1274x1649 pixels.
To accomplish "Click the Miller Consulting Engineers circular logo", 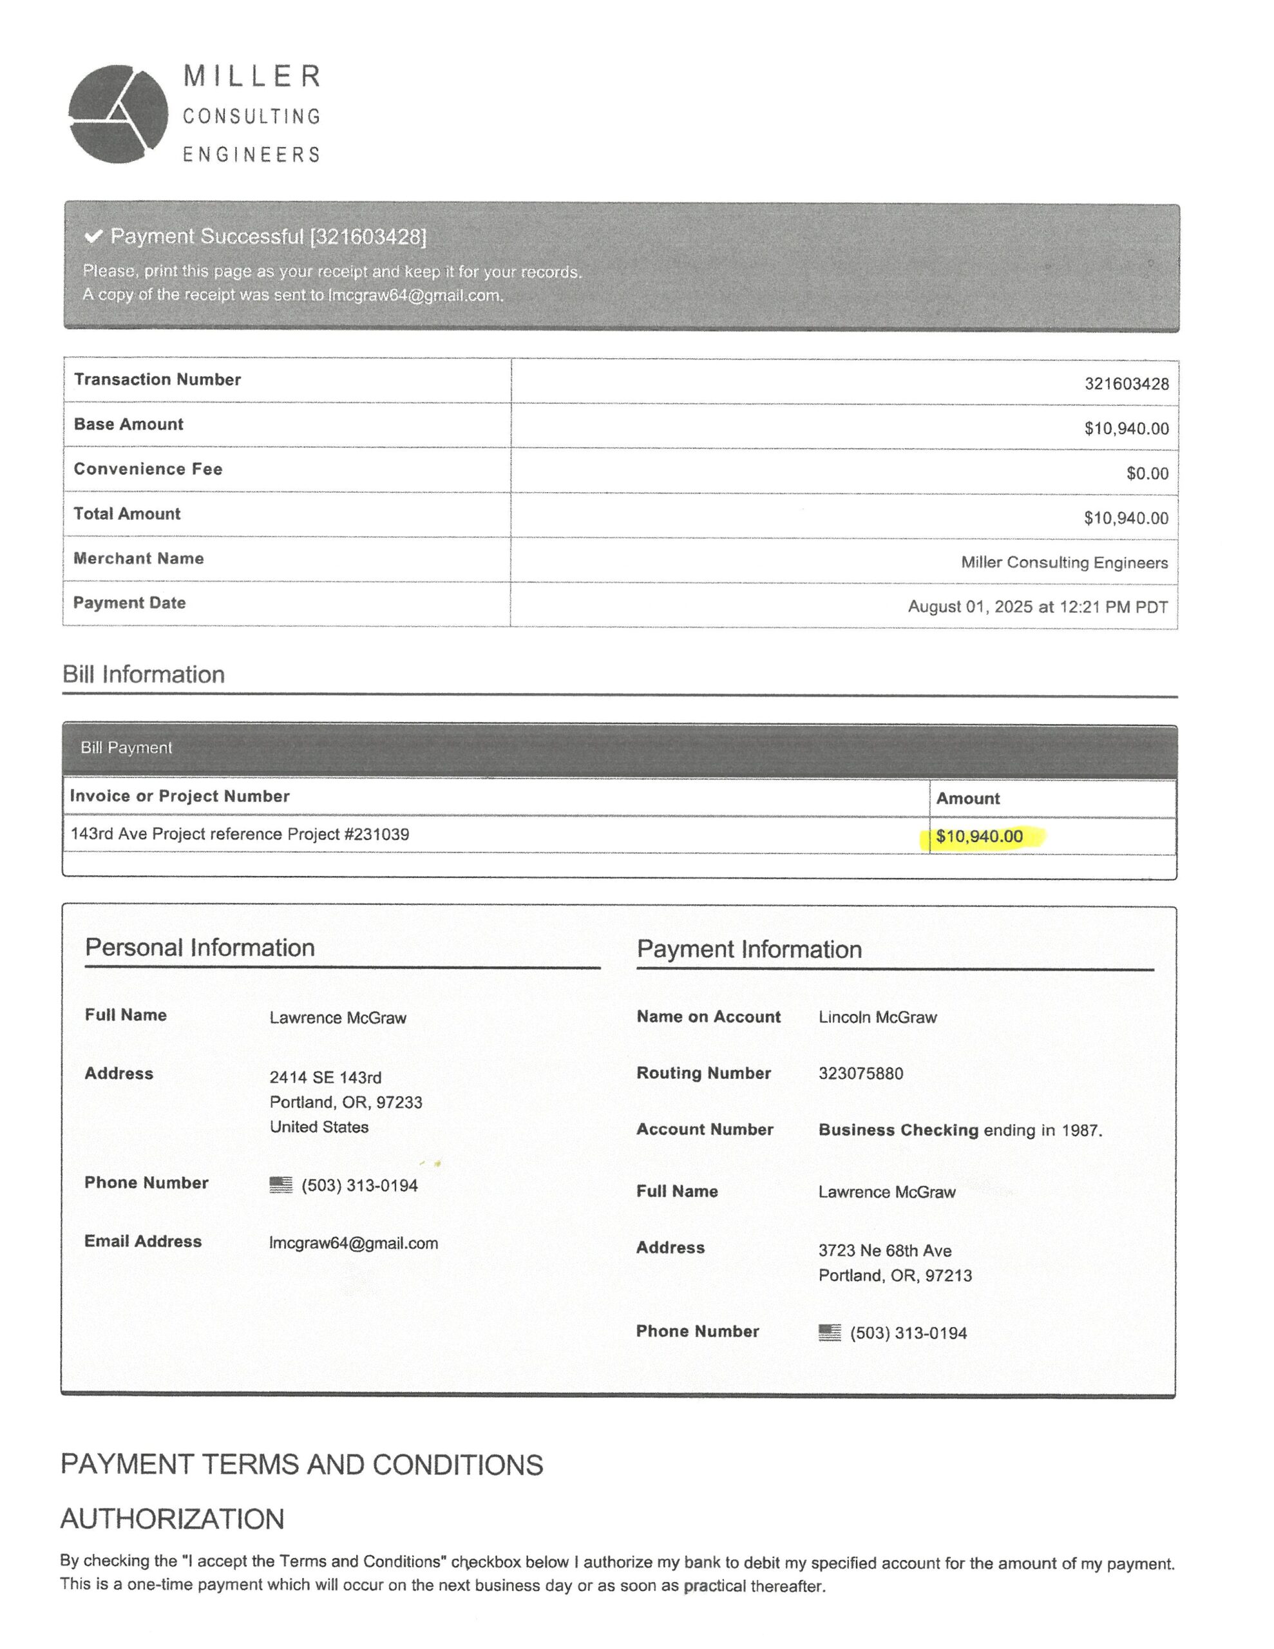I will coord(118,114).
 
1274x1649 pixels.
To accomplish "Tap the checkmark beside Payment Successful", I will coord(93,236).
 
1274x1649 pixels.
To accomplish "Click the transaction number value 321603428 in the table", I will coord(1126,383).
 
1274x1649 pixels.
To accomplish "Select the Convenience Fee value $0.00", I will coord(1146,473).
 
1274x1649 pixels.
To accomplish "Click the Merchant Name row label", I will coord(138,558).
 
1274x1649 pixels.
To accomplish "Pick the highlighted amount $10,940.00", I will coord(979,837).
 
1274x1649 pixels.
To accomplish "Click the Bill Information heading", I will coord(144,674).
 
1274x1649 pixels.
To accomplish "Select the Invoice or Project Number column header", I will coord(180,797).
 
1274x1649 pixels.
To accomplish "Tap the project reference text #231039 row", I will coord(240,834).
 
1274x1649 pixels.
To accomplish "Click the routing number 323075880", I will coord(860,1074).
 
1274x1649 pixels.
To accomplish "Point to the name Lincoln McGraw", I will coord(877,1017).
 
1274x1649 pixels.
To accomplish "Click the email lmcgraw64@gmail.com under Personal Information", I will coord(354,1244).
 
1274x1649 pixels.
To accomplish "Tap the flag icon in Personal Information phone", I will coord(281,1185).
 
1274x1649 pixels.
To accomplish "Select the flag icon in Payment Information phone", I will coord(829,1333).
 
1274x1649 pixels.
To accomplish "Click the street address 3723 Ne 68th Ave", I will coord(884,1251).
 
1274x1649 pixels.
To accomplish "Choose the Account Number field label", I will coord(705,1130).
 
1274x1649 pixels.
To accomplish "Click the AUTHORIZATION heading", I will coord(172,1519).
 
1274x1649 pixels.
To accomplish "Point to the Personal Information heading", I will coord(200,948).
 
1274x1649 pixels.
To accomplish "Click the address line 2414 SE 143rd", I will coord(325,1078).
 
